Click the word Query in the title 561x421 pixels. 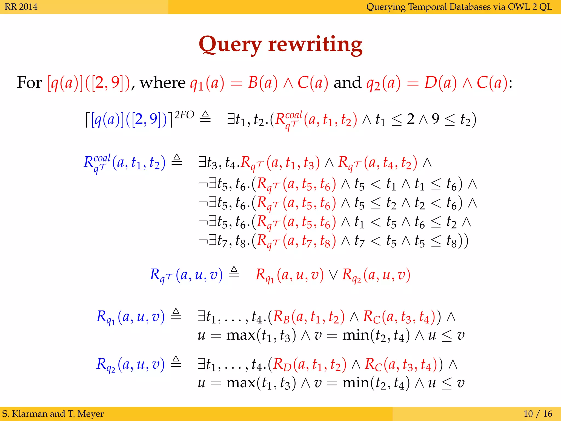[x=230, y=44]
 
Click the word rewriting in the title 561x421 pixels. [x=315, y=44]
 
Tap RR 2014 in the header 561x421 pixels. [x=21, y=7]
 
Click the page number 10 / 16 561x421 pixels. [x=538, y=413]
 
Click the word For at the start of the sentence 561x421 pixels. [x=29, y=82]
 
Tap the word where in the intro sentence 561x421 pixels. [x=163, y=82]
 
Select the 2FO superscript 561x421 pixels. [x=184, y=115]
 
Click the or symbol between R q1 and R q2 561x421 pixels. [x=333, y=275]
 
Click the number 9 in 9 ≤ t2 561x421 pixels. [x=436, y=119]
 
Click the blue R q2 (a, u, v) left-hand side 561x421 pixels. [x=130, y=365]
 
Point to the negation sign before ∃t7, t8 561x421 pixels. [x=203, y=241]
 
